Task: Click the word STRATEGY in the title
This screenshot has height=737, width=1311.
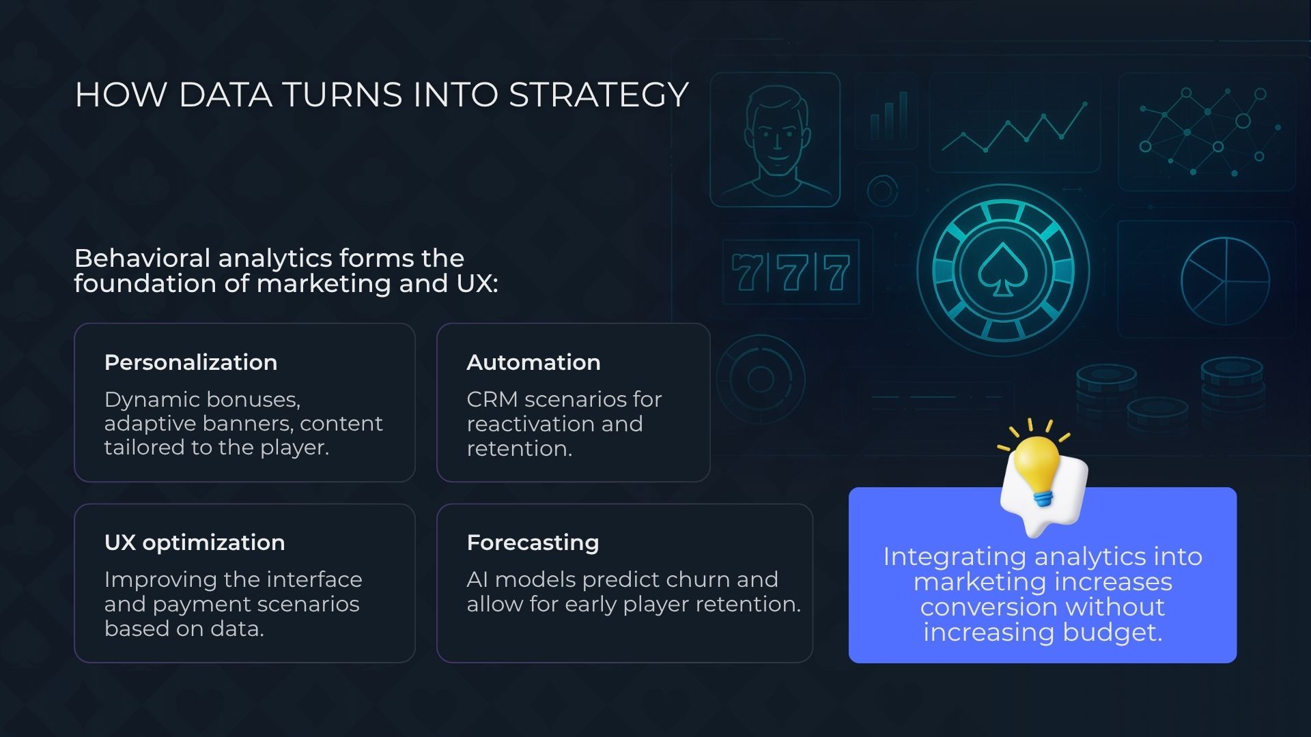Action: [x=599, y=94]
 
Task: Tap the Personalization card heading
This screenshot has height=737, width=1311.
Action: [x=191, y=362]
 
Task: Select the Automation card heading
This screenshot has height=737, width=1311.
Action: [x=533, y=362]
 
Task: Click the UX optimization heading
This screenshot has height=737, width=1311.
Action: [x=195, y=543]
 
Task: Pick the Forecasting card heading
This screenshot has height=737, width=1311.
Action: [x=533, y=543]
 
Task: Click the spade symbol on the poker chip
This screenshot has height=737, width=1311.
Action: [x=1002, y=270]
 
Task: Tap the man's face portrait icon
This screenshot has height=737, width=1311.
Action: [x=776, y=140]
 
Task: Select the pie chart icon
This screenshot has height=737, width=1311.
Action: [x=1225, y=280]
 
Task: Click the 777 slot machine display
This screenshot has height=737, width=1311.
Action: [x=791, y=272]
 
